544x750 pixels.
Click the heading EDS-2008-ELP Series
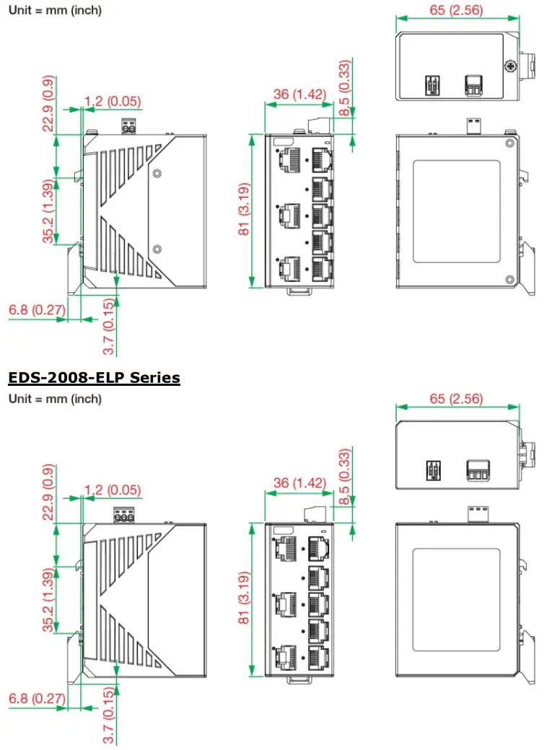pos(94,377)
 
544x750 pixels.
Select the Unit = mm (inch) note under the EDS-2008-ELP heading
pos(55,399)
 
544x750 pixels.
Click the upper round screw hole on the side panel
pos(157,173)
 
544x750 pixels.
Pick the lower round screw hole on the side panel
pos(157,249)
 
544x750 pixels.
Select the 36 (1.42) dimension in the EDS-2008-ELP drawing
pos(299,482)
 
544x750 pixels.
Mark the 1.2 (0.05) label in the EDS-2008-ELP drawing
pos(113,490)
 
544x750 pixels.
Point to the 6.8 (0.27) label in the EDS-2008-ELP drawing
pos(37,698)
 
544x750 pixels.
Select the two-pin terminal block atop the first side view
pos(130,125)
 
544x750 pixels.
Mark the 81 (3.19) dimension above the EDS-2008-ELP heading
pos(245,211)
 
